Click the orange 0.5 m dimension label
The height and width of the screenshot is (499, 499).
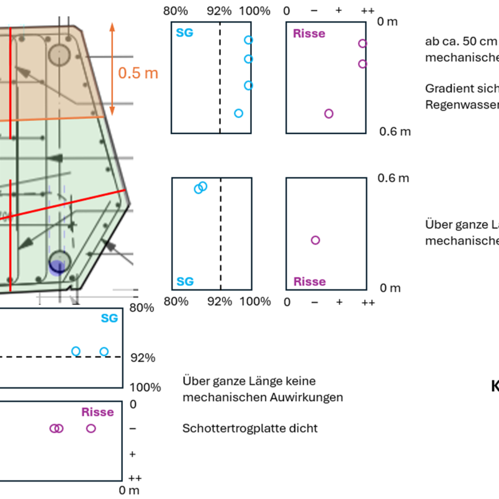pos(138,72)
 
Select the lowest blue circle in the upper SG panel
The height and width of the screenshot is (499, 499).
pos(238,113)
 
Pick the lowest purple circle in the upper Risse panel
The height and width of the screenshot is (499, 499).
pos(329,114)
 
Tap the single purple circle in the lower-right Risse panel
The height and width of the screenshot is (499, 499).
pos(315,240)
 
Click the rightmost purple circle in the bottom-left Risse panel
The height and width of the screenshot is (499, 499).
pos(91,429)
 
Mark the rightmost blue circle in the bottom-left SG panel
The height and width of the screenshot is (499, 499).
pos(104,351)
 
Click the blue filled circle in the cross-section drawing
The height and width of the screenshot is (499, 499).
pos(57,268)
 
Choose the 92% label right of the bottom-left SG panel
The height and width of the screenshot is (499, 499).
pos(142,358)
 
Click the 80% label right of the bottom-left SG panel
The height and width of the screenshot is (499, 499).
pos(142,308)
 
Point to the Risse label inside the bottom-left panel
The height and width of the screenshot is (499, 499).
pos(97,412)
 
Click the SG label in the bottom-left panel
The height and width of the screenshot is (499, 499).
pos(109,319)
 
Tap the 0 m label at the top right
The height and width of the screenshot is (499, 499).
pos(388,22)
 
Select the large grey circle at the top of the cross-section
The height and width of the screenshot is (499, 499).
pos(61,54)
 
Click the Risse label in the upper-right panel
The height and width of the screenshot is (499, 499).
pos(309,33)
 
